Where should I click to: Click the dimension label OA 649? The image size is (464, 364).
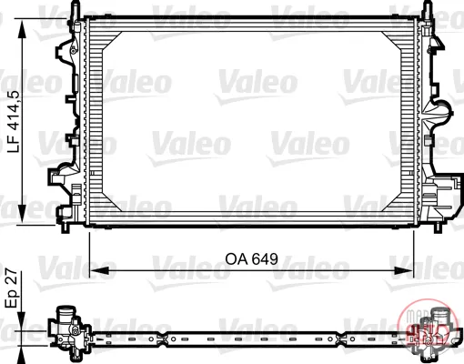pos(251,259)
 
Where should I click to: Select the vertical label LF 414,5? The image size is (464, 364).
pos(14,121)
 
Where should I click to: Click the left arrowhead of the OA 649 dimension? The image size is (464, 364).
pos(99,270)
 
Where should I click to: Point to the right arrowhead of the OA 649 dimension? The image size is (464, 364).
pos(403,270)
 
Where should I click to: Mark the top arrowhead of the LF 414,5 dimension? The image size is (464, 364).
pos(22,30)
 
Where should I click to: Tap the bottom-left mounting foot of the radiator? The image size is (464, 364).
pos(66,228)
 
